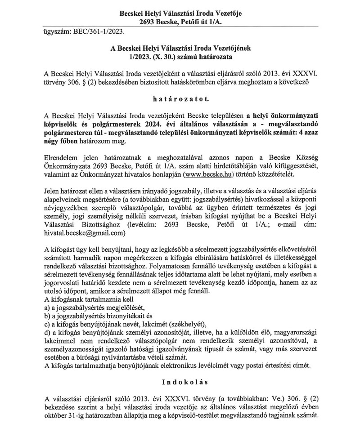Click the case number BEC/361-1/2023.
pyautogui.click(x=101, y=32)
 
